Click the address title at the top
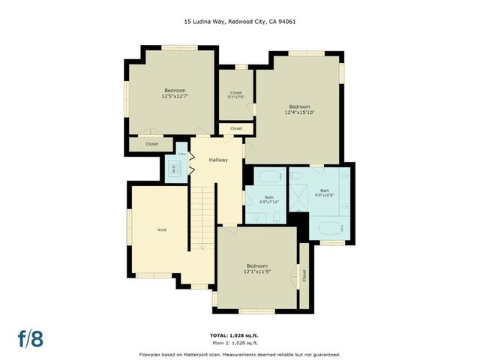pyautogui.click(x=239, y=22)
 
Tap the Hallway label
pyautogui.click(x=218, y=160)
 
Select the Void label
pyautogui.click(x=161, y=229)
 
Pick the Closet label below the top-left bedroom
pyautogui.click(x=151, y=143)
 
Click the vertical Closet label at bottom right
pyautogui.click(x=304, y=275)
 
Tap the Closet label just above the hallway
pyautogui.click(x=236, y=128)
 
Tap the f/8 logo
pyautogui.click(x=30, y=337)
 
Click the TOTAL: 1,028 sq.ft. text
pyautogui.click(x=239, y=335)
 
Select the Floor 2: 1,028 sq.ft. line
pyautogui.click(x=239, y=342)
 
